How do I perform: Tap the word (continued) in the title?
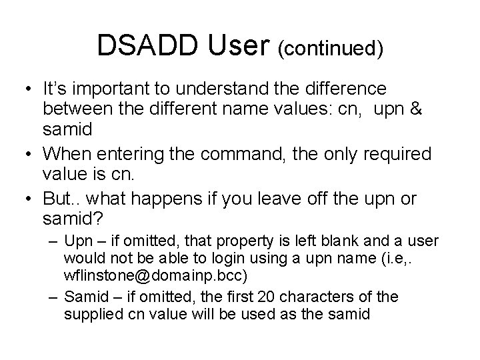click(x=332, y=49)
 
